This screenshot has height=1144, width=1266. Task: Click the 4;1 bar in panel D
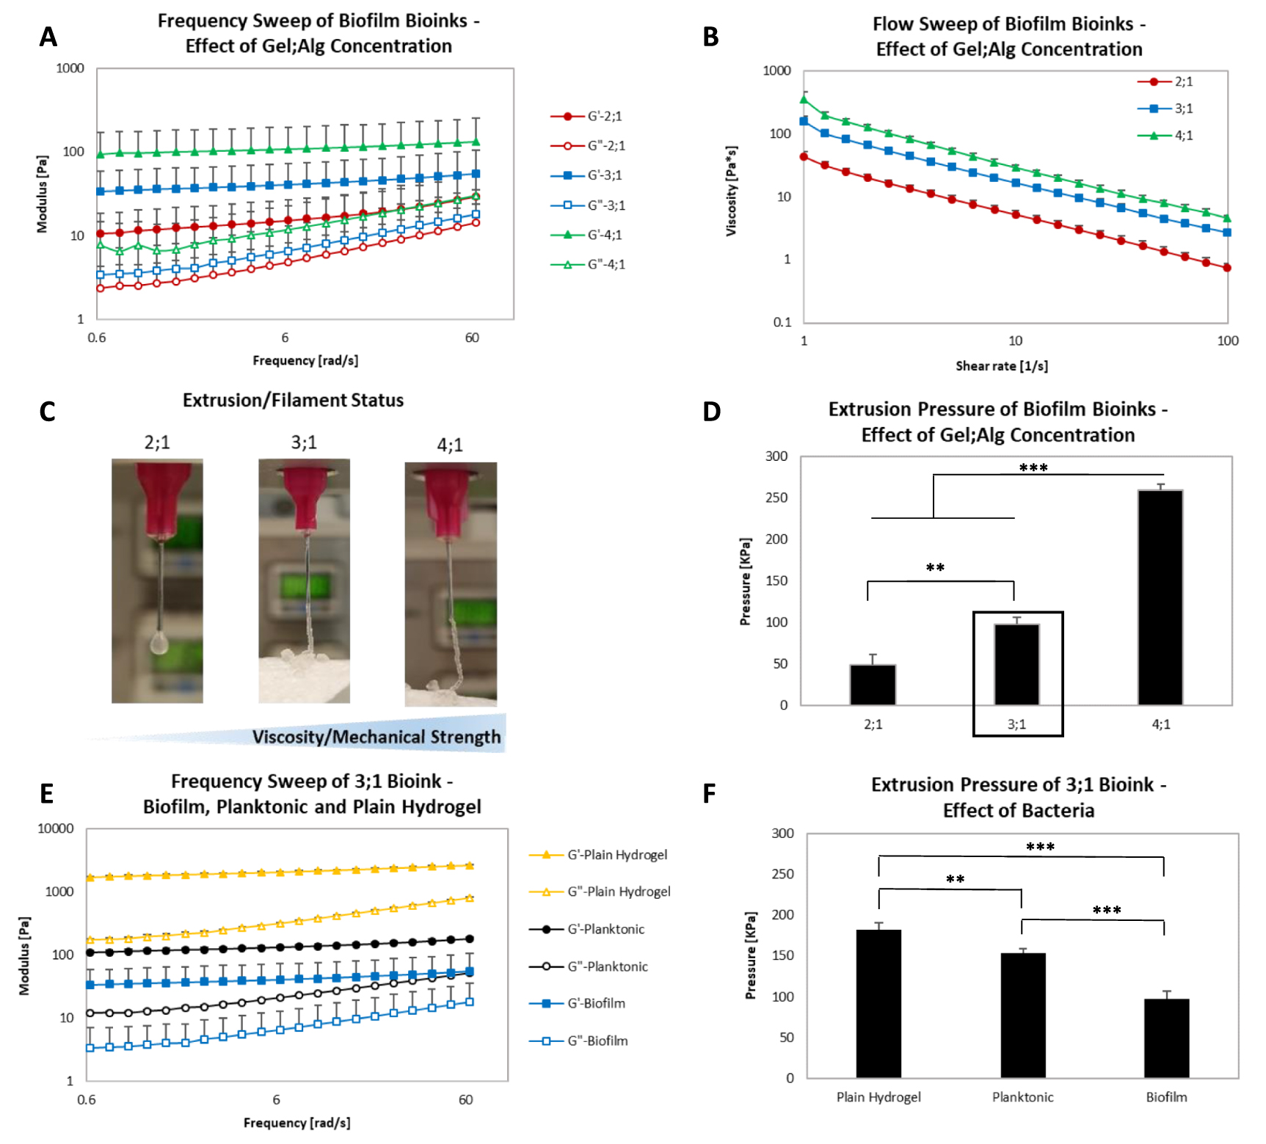coord(1160,597)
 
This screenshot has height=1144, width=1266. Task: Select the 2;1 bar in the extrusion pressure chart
coord(873,685)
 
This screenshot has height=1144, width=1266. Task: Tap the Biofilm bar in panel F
coord(1166,1038)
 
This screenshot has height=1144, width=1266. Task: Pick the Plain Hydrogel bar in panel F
coord(878,1004)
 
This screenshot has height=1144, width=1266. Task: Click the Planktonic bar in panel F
coord(1023,1016)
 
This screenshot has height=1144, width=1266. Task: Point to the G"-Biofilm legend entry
coord(579,1041)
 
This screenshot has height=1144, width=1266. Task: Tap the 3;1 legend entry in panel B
coord(1165,109)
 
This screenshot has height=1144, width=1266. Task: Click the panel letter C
coord(48,412)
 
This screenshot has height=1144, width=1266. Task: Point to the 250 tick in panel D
coord(776,498)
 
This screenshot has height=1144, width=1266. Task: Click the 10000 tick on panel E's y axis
coord(56,828)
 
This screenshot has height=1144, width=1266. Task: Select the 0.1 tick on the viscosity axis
coord(782,322)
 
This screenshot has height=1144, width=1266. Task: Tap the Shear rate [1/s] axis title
coord(1002,366)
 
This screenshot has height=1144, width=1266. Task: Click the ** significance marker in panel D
coord(935,567)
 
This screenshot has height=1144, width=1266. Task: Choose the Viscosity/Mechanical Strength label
coord(376,737)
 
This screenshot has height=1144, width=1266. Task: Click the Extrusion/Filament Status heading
coord(293,401)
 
